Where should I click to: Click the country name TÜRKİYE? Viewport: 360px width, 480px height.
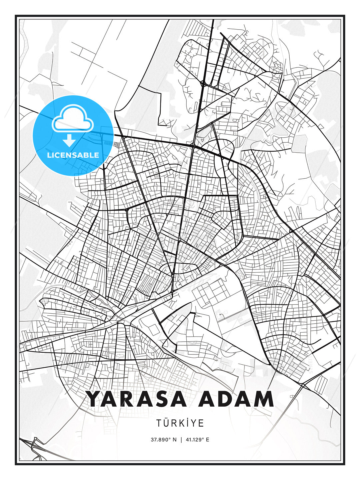point(180,423)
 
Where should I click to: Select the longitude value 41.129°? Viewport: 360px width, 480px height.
point(195,440)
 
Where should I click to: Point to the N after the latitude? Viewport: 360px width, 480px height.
point(174,440)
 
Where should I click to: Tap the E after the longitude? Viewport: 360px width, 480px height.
point(208,440)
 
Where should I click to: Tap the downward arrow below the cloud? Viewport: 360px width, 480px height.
point(69,140)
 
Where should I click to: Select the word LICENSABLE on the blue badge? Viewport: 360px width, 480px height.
point(73,155)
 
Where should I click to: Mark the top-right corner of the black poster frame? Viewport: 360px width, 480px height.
point(344,16)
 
